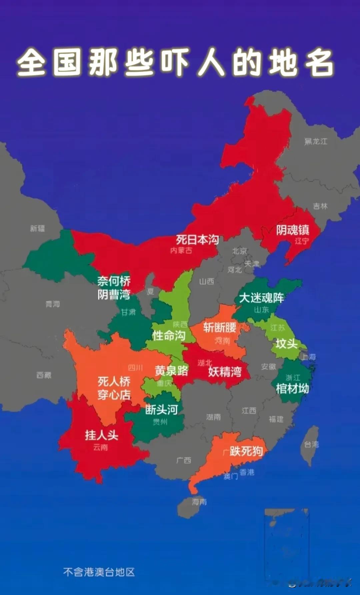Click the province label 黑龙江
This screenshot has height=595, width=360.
(316, 141)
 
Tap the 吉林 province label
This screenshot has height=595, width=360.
(320, 206)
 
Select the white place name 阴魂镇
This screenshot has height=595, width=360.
(293, 230)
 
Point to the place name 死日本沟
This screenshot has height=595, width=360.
(197, 239)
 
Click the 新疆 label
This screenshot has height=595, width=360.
(37, 228)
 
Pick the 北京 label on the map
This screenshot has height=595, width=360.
(240, 251)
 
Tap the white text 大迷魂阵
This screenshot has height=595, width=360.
(261, 297)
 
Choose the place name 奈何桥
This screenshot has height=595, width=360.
(114, 281)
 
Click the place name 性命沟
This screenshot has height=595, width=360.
(169, 336)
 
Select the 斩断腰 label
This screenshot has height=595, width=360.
(220, 327)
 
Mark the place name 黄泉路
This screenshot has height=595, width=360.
(171, 371)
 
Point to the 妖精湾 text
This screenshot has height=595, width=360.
(225, 372)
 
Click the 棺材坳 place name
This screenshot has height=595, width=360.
(292, 389)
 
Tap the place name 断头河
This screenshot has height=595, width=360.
(161, 410)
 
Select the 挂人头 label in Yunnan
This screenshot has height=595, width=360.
(102, 435)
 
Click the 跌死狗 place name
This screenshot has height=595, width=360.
(246, 451)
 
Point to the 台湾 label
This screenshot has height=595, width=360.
(311, 444)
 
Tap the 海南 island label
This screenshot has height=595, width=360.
(199, 501)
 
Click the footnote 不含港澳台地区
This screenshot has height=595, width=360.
(99, 572)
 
